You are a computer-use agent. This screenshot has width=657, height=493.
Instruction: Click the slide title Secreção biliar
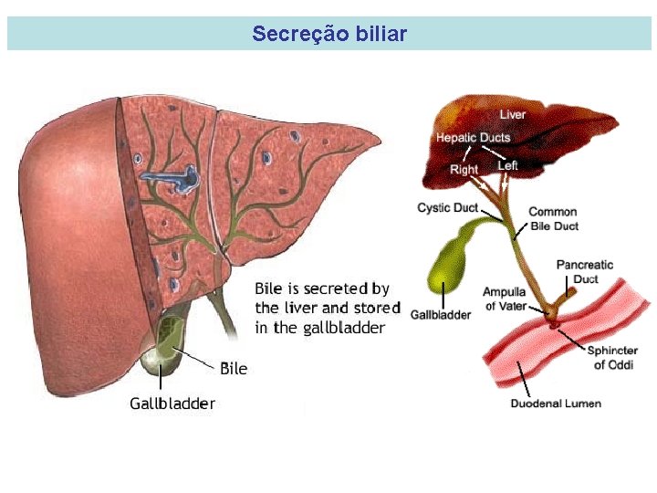pyautogui.click(x=329, y=35)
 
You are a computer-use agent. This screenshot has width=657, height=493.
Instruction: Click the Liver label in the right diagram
pyautogui.click(x=512, y=115)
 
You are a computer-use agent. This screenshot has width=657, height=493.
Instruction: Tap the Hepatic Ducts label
pyautogui.click(x=473, y=138)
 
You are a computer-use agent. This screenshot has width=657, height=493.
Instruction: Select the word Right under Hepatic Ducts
pyautogui.click(x=464, y=169)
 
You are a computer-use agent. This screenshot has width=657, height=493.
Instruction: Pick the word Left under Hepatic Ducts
pyautogui.click(x=508, y=165)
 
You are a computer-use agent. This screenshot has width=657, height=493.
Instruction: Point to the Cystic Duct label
pyautogui.click(x=447, y=208)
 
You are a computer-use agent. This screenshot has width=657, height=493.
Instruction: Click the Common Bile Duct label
pyautogui.click(x=553, y=219)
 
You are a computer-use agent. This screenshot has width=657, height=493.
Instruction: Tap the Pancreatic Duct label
pyautogui.click(x=585, y=271)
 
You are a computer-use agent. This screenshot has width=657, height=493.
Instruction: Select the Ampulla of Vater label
pyautogui.click(x=505, y=299)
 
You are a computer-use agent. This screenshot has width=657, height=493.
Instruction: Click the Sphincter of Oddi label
pyautogui.click(x=612, y=358)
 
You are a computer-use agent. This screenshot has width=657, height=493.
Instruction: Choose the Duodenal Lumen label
pyautogui.click(x=556, y=404)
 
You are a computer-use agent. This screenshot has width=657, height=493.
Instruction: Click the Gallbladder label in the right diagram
pyautogui.click(x=441, y=315)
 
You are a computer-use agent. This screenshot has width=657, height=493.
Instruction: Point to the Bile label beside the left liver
pyautogui.click(x=234, y=369)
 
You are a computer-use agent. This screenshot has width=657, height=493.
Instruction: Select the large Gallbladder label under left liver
pyautogui.click(x=172, y=403)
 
